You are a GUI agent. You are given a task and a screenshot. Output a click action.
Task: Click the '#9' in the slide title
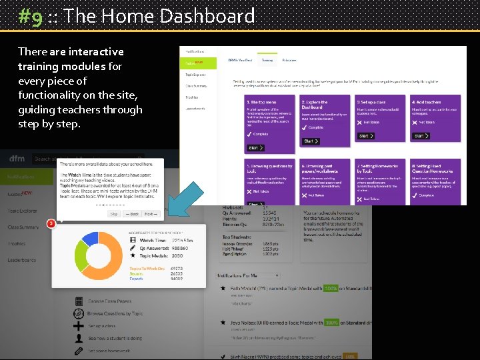31,15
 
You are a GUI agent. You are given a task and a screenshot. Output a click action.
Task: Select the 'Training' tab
267,60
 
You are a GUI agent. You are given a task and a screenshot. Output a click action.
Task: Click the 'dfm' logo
17,159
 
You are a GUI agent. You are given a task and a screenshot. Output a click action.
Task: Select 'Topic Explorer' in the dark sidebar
23,211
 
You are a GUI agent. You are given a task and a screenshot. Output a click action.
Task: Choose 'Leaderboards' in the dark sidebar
22,261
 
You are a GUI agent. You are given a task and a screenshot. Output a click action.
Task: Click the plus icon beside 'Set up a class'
79,326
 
